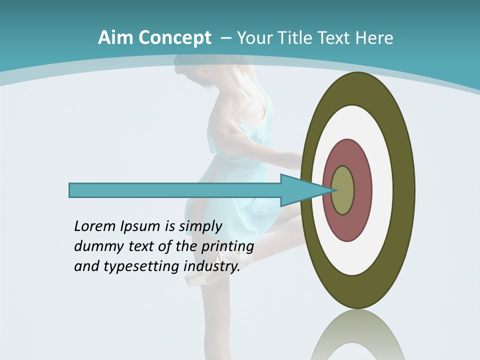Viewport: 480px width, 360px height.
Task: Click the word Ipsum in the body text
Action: (x=140, y=227)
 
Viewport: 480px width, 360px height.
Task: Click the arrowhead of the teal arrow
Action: (x=305, y=190)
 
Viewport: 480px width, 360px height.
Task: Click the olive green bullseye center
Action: (x=343, y=190)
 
